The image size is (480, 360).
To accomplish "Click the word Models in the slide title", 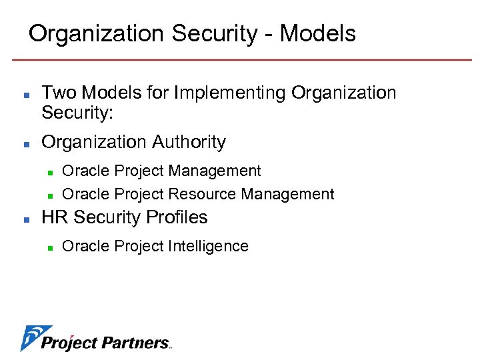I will [x=317, y=33].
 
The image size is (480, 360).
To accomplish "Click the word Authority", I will [x=189, y=142].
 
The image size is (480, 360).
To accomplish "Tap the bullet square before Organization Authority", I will [x=25, y=143].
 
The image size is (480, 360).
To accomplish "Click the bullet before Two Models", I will [x=25, y=94].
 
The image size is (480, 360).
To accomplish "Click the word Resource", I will [x=202, y=195].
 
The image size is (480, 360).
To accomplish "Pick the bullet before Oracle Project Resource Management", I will [x=50, y=195].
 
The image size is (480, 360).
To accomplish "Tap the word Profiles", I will [x=178, y=217].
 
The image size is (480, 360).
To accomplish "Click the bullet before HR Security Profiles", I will [x=25, y=219].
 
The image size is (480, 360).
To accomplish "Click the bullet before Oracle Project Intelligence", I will [x=50, y=247].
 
